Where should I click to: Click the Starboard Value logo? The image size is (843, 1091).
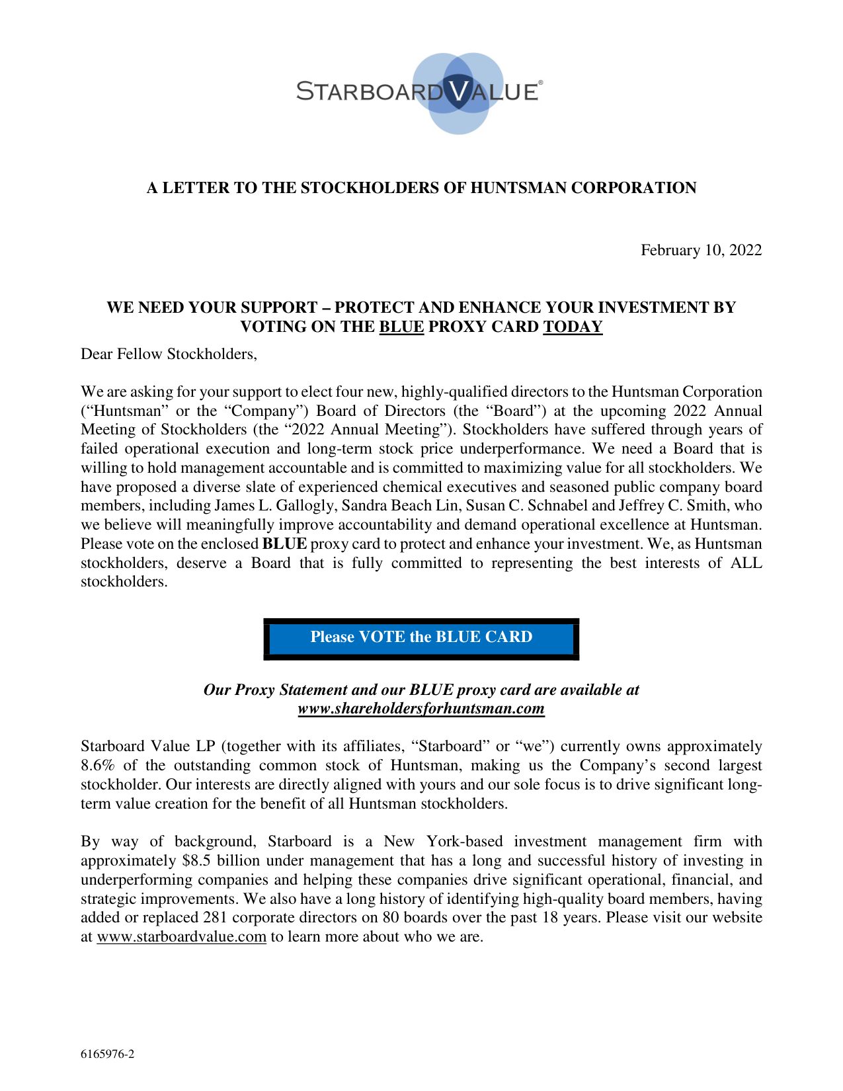pyautogui.click(x=421, y=92)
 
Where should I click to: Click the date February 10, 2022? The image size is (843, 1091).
pyautogui.click(x=701, y=250)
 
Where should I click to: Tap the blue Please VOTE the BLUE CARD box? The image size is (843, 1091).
pyautogui.click(x=421, y=637)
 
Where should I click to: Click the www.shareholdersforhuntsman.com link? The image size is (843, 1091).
pyautogui.click(x=421, y=709)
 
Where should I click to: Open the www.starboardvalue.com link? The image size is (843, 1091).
pyautogui.click(x=181, y=937)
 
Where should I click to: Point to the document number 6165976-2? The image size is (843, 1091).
pyautogui.click(x=108, y=1054)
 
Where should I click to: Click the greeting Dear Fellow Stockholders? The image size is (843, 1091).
pyautogui.click(x=169, y=354)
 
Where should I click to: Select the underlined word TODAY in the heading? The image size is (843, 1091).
pyautogui.click(x=573, y=327)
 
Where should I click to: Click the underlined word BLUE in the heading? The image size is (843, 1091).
pyautogui.click(x=401, y=327)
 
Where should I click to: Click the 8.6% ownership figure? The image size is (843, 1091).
pyautogui.click(x=97, y=766)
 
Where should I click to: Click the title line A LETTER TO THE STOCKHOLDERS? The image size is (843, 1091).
pyautogui.click(x=421, y=188)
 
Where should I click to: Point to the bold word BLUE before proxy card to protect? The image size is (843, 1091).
pyautogui.click(x=284, y=544)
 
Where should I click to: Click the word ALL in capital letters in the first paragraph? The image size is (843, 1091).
pyautogui.click(x=746, y=563)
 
